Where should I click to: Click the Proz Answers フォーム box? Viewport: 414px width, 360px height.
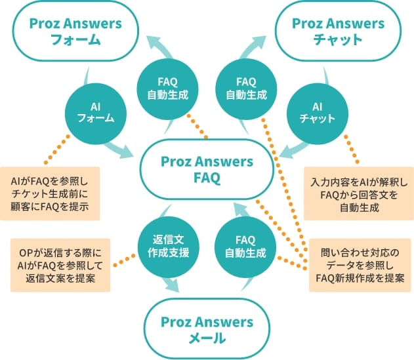point(76,31)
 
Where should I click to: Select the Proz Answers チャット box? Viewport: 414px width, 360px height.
point(338,31)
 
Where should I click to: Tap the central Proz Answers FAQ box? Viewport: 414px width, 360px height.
point(207,169)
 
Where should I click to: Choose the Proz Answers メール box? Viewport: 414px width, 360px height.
point(207,330)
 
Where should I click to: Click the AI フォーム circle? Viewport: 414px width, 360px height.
point(96,111)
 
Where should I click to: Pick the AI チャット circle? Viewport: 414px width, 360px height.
point(317,111)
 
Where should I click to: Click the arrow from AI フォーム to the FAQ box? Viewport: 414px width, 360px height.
point(123,148)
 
